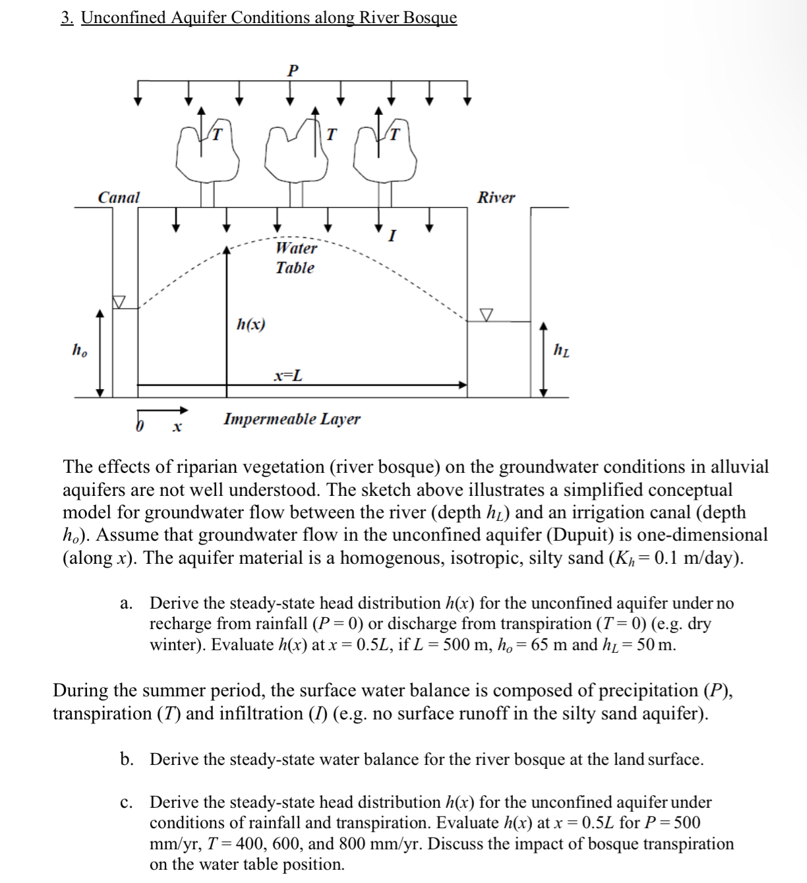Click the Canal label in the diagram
[119, 197]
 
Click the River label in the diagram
[496, 197]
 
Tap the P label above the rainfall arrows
[293, 69]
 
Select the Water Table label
[295, 258]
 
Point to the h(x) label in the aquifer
[251, 324]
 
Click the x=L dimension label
[289, 376]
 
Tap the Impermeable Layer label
[292, 419]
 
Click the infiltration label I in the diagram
[392, 235]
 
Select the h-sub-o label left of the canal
[79, 350]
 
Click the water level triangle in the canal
[119, 301]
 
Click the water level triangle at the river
[487, 315]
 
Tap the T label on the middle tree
[331, 135]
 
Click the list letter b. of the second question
[127, 759]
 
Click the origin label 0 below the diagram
[139, 427]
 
